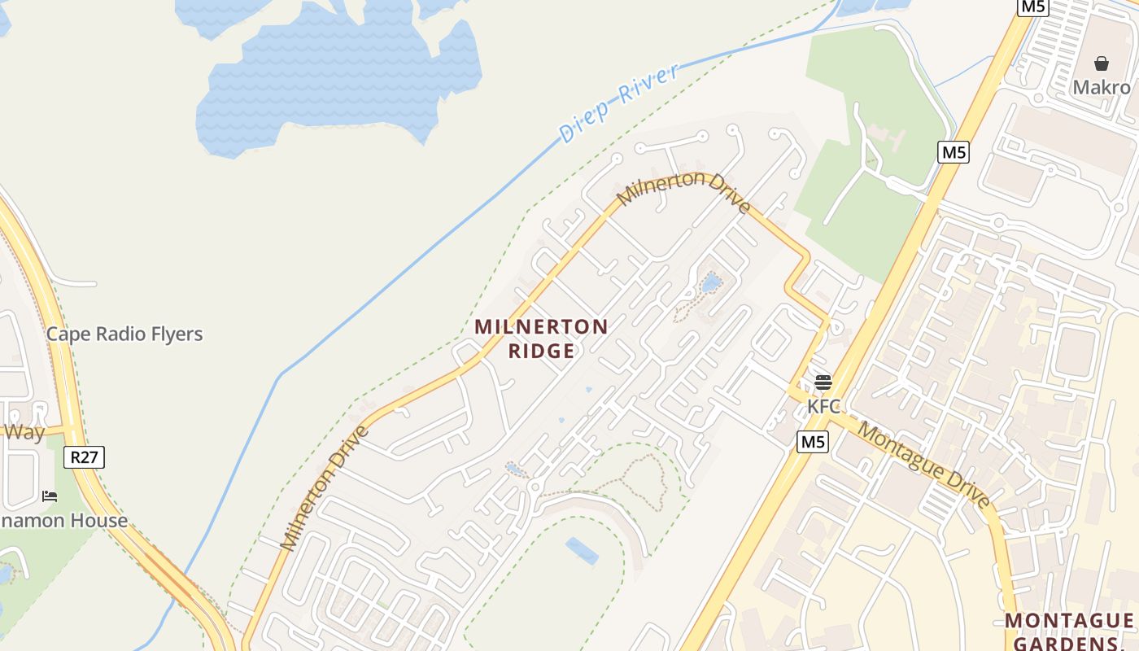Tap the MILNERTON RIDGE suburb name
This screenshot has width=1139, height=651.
(x=541, y=339)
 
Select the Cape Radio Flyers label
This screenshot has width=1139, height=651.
(x=124, y=334)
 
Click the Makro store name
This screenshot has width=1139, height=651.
(x=1101, y=87)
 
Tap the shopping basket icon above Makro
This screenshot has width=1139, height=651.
(x=1101, y=63)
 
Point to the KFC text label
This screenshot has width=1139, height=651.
(x=823, y=405)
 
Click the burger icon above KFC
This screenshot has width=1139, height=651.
(x=823, y=382)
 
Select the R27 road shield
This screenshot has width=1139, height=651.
(x=84, y=457)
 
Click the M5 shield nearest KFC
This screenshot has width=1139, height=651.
(x=812, y=442)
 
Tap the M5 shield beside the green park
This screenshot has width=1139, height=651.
(x=953, y=151)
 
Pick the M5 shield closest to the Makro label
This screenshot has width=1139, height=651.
(x=1032, y=7)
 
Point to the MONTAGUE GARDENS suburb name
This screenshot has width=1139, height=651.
(x=1068, y=631)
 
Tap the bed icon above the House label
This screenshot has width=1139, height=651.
(x=50, y=496)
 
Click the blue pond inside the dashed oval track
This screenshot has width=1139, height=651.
(x=582, y=551)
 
